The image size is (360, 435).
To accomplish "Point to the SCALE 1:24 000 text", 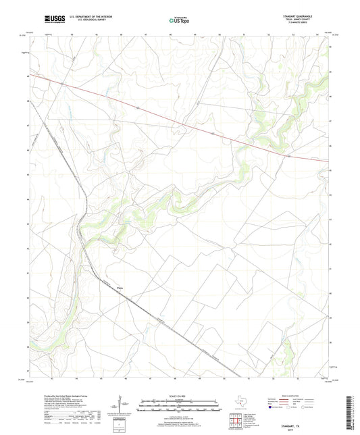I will click(x=180, y=396).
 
